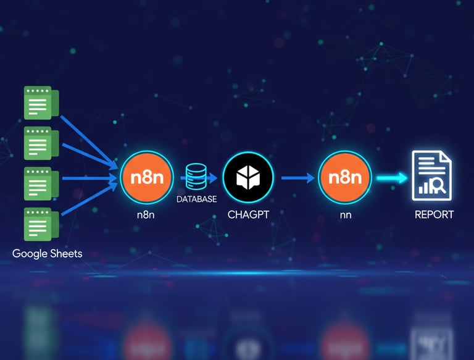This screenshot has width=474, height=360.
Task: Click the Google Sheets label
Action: point(47,253)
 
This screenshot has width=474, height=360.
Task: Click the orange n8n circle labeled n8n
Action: point(147,177)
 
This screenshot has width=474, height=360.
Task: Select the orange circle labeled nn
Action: point(344,177)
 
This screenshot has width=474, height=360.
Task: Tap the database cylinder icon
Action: point(197,177)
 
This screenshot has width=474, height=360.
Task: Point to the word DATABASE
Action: point(197,199)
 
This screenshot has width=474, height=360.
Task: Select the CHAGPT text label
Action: point(249,215)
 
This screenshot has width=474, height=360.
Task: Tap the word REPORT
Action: point(434,215)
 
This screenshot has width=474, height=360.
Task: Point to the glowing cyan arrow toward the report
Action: point(393,178)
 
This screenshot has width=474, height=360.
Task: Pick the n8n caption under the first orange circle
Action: point(146,215)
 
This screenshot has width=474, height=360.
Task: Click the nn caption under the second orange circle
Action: point(344,215)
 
